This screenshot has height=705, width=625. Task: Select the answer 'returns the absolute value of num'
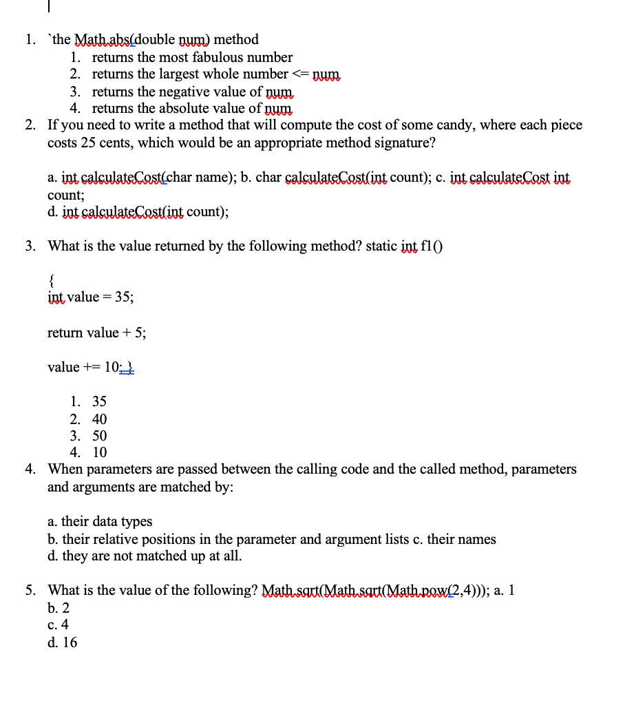click(192, 108)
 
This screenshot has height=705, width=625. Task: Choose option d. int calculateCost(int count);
click(138, 212)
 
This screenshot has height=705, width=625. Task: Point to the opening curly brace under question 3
click(51, 280)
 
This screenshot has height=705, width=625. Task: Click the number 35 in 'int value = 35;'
click(123, 297)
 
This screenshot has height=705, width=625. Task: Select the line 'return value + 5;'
click(96, 333)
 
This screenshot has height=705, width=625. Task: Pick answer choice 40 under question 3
click(99, 419)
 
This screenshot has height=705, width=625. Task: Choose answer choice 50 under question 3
click(99, 436)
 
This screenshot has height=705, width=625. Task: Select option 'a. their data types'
click(100, 522)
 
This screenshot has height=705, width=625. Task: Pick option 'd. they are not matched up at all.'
click(145, 556)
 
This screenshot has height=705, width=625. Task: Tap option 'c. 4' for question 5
click(59, 625)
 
